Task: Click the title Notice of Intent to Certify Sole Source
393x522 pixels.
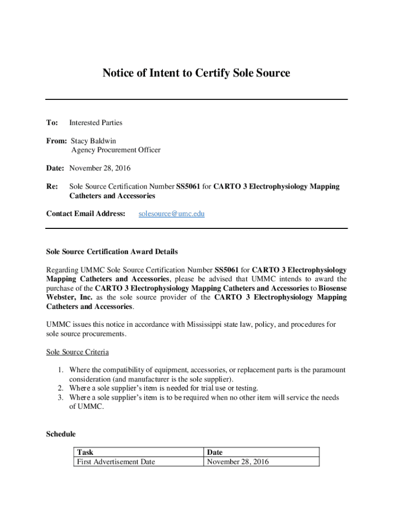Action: [196, 73]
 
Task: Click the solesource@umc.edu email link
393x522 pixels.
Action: [171, 214]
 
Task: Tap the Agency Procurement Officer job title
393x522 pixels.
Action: [115, 150]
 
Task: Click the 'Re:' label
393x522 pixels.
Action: [52, 187]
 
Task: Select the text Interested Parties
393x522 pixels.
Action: [95, 122]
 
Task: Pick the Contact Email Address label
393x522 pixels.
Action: [86, 214]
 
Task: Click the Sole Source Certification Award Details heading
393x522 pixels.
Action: [112, 251]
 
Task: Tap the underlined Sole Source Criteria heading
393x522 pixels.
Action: [77, 352]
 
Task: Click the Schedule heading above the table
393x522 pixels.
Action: [61, 434]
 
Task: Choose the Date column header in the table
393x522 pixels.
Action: [215, 452]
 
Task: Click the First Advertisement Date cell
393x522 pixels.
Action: [115, 462]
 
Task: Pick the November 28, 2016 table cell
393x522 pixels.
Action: [237, 462]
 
